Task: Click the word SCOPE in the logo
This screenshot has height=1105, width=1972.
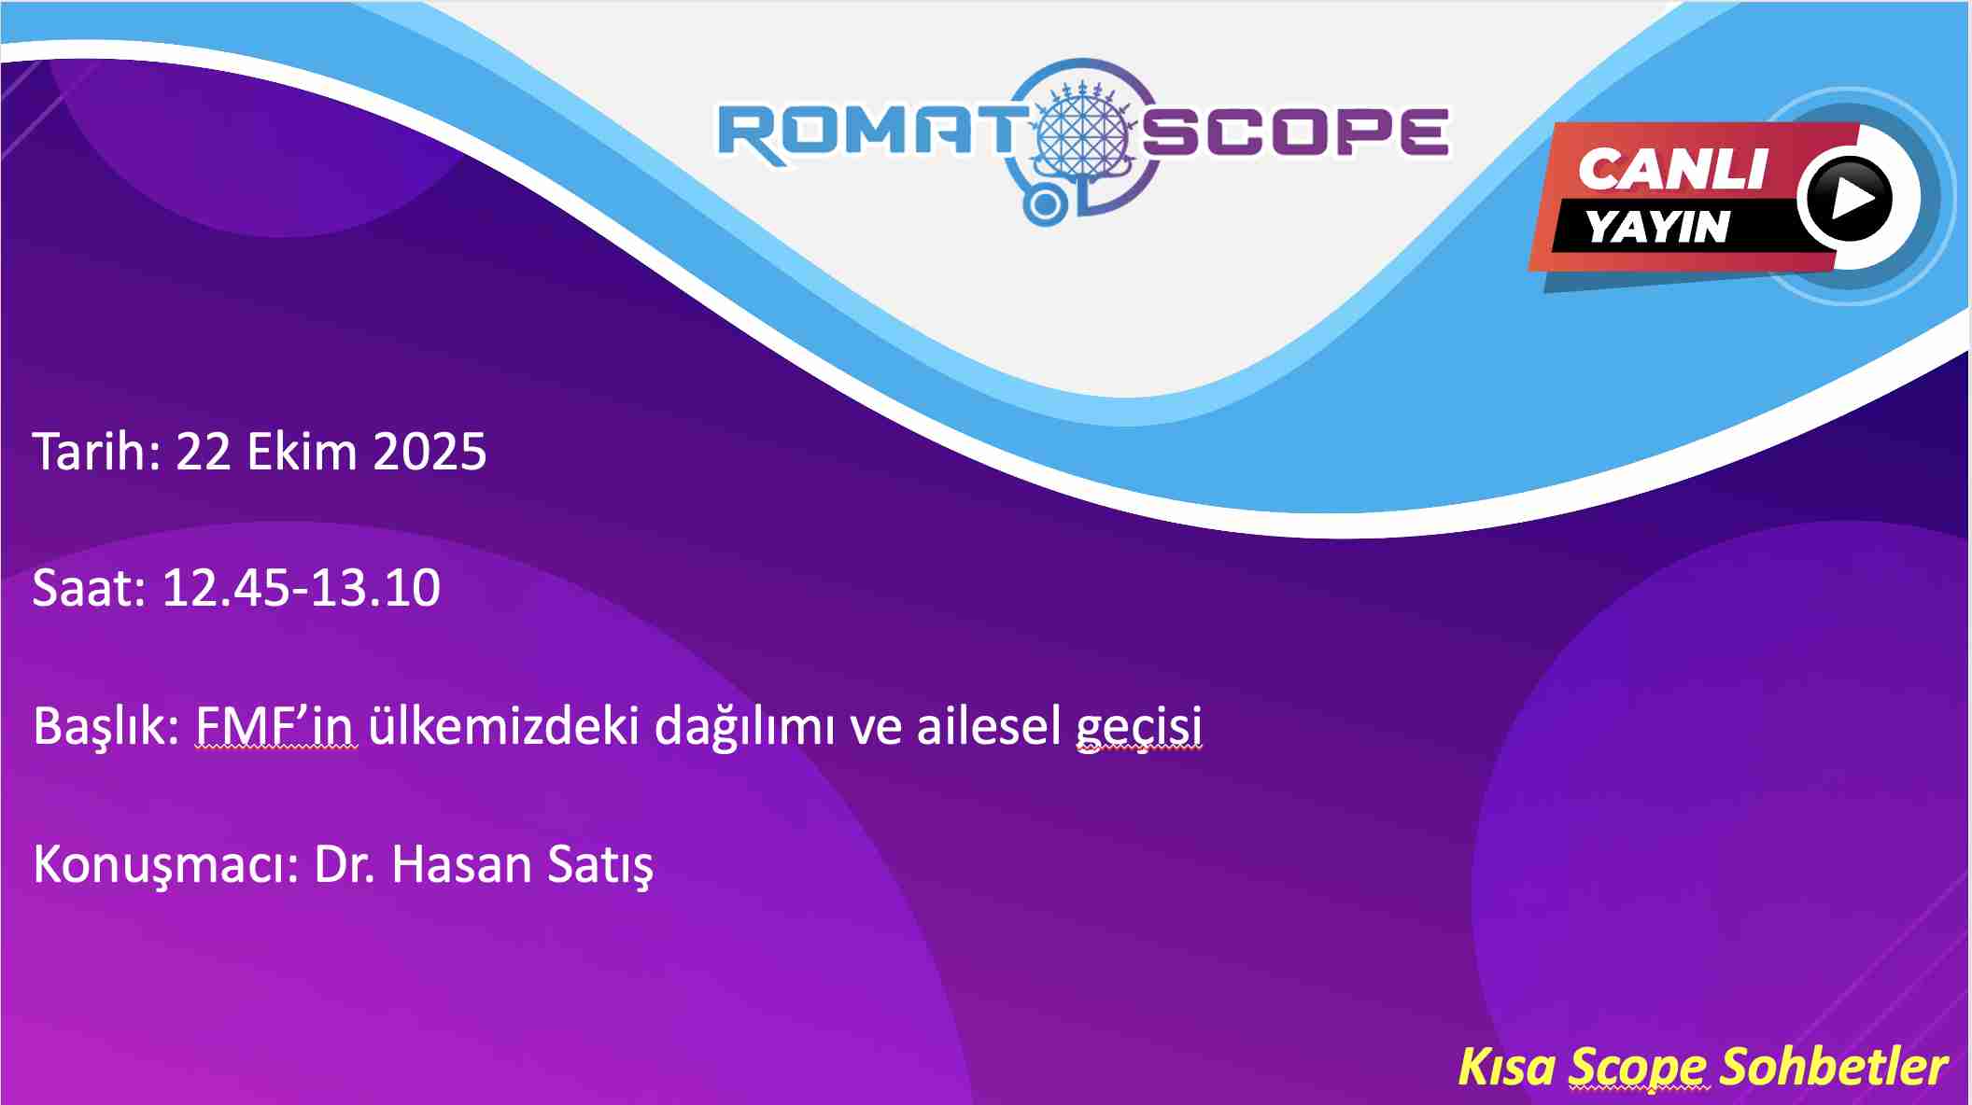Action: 1296,132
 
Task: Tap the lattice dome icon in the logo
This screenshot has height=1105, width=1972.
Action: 1083,131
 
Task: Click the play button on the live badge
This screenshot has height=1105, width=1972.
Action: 1849,199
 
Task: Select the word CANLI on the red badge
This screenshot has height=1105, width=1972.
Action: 1674,170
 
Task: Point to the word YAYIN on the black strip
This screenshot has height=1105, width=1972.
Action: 1658,227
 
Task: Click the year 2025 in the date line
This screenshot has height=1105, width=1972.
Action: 430,452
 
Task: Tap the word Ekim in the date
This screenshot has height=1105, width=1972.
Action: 302,452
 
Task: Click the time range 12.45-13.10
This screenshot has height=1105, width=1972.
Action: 301,588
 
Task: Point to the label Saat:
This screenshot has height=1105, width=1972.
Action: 90,588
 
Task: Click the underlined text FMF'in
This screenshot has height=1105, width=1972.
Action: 275,726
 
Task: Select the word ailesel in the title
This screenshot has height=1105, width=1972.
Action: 989,726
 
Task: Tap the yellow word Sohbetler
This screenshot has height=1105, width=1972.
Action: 1834,1066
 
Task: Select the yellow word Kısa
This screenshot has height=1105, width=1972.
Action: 1507,1066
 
